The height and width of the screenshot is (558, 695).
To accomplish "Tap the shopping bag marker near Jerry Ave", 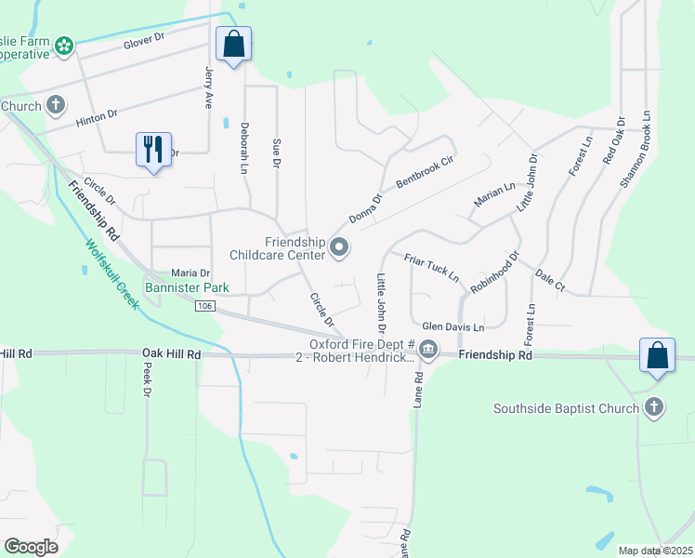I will [233, 43].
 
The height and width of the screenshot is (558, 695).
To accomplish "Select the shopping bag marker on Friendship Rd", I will [657, 355].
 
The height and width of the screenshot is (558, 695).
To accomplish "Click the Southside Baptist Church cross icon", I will [654, 407].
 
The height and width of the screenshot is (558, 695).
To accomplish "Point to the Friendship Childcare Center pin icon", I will [339, 247].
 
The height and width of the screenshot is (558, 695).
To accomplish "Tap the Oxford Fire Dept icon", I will [428, 351].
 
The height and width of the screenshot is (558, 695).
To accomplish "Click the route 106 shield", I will [205, 306].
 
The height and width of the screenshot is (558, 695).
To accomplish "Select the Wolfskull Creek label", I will [111, 275].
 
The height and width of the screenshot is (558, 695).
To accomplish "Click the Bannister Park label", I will [187, 288].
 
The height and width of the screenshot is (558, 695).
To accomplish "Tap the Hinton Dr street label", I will [97, 115].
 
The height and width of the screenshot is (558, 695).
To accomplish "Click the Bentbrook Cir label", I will [424, 174].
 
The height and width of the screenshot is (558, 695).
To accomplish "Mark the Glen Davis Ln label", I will [452, 327].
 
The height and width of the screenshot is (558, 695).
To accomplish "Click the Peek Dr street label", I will [146, 379].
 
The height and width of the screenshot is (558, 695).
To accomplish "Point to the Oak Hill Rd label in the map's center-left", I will [172, 354].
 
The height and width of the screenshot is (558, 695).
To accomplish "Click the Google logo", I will [31, 547].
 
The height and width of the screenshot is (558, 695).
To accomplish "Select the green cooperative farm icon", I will [64, 45].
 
